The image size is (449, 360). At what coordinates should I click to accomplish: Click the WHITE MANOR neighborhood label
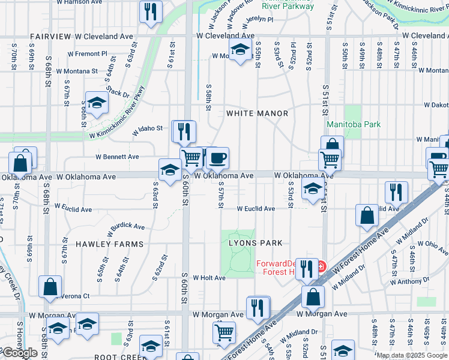pos(257,113)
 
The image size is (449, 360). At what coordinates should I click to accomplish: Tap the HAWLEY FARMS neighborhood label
pos(110,244)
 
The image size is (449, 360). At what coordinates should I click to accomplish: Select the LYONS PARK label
pos(255,243)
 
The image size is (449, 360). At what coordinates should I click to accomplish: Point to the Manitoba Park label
pos(354,125)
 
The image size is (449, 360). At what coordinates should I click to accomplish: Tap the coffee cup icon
pos(217,158)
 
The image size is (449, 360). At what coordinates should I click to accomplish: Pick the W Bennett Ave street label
pos(118,157)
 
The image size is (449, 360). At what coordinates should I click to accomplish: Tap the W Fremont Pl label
pos(87,53)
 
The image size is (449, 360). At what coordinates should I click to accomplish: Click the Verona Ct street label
pos(76,296)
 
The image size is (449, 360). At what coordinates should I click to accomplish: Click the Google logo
pos(20,353)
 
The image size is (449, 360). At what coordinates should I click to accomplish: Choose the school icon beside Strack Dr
pos(96,103)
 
